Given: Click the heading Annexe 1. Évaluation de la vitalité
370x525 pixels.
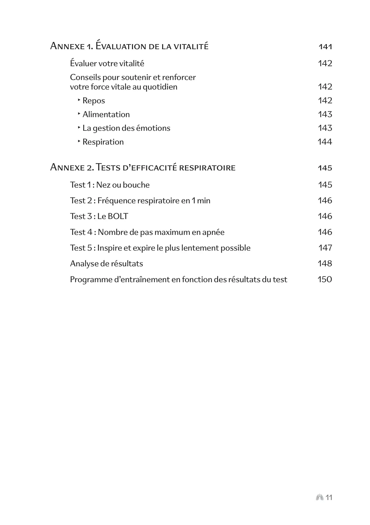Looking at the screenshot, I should (x=129, y=46).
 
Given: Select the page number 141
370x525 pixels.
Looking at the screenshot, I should (x=325, y=47).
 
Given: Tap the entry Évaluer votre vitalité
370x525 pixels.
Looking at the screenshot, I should (x=107, y=63).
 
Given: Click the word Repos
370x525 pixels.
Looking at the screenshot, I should (x=94, y=101).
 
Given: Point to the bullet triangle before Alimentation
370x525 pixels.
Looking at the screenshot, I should (x=79, y=113).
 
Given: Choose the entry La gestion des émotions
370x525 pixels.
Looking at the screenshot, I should (x=126, y=128).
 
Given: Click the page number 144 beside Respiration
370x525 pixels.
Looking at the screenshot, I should (x=325, y=142).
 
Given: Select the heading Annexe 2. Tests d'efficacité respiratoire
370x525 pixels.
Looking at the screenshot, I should (x=142, y=168).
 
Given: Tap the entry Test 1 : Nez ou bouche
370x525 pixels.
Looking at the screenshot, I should (x=110, y=185).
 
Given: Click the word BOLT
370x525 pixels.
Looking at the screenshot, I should (x=118, y=216).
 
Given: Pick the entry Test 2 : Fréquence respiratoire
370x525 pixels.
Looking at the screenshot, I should (x=140, y=201).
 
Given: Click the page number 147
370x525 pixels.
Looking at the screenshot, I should (x=325, y=248).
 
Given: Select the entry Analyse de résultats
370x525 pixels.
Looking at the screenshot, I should (x=106, y=263).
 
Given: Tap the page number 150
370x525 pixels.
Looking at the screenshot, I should (x=325, y=279).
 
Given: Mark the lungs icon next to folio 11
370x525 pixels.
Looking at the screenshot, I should (x=320, y=497).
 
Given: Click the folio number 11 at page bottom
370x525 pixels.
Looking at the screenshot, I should (x=329, y=497).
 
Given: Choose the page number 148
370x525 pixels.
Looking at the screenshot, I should (x=325, y=263).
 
